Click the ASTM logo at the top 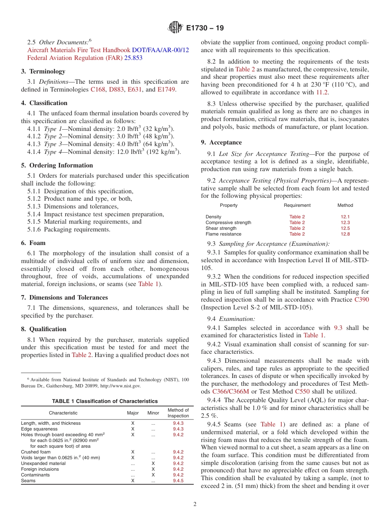(x=175, y=28)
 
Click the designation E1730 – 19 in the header (x=205, y=28)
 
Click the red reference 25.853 (x=133, y=58)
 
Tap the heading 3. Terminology (x=43, y=71)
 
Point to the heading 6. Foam (x=33, y=243)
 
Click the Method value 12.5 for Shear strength (x=345, y=228)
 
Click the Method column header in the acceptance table (x=345, y=205)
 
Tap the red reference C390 (x=361, y=300)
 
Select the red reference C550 (x=302, y=391)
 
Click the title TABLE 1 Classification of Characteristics (x=105, y=401)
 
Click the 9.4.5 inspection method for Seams (x=178, y=481)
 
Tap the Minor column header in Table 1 (x=153, y=413)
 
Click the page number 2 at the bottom (x=195, y=504)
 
